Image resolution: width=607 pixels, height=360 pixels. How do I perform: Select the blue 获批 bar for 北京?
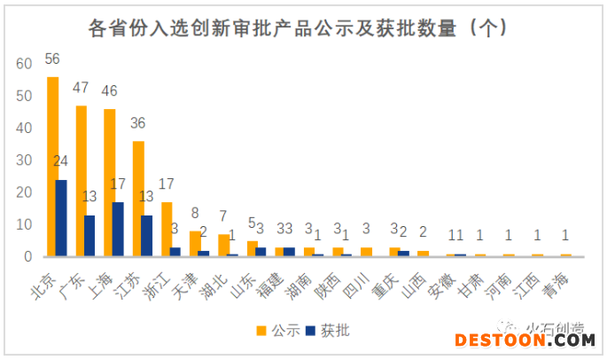point(61,218)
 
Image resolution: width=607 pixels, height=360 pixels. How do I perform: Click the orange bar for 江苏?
point(138,199)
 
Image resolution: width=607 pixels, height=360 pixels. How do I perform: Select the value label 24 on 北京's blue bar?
point(62,161)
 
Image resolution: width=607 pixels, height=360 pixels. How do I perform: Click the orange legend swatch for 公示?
point(262,331)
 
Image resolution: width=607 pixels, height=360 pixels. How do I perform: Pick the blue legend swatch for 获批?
point(310,331)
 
